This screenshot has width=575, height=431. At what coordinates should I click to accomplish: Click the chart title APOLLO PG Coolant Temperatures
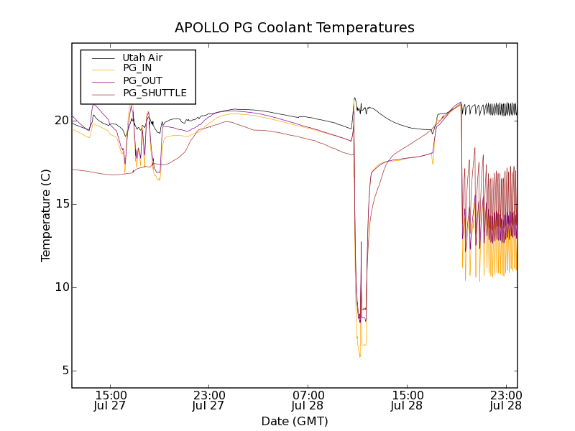pyautogui.click(x=295, y=28)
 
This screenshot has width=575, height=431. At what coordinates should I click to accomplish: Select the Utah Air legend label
pyautogui.click(x=142, y=57)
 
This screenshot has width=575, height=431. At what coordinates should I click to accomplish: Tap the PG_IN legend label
pyautogui.click(x=137, y=69)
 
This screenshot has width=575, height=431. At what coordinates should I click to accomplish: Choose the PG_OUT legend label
pyautogui.click(x=142, y=81)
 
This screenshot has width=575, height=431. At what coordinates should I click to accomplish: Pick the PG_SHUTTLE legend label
pyautogui.click(x=155, y=93)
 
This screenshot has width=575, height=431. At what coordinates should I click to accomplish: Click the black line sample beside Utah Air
pyautogui.click(x=103, y=57)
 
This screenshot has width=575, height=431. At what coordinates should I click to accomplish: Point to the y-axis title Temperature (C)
pyautogui.click(x=46, y=215)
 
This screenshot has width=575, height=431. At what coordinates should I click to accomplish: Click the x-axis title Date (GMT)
pyautogui.click(x=295, y=421)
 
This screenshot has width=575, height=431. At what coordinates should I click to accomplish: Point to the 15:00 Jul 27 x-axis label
pyautogui.click(x=110, y=400)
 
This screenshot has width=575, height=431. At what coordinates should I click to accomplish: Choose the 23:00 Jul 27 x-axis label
pyautogui.click(x=209, y=400)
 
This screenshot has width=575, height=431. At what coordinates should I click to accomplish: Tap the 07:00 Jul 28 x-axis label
pyautogui.click(x=308, y=400)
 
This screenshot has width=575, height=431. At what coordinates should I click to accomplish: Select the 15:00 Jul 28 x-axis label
pyautogui.click(x=407, y=400)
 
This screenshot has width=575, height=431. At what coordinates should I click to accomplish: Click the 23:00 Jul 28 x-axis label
pyautogui.click(x=505, y=400)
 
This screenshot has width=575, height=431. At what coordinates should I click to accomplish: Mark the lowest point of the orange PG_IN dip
pyautogui.click(x=360, y=356)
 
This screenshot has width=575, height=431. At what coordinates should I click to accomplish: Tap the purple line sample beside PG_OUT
pyautogui.click(x=103, y=81)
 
